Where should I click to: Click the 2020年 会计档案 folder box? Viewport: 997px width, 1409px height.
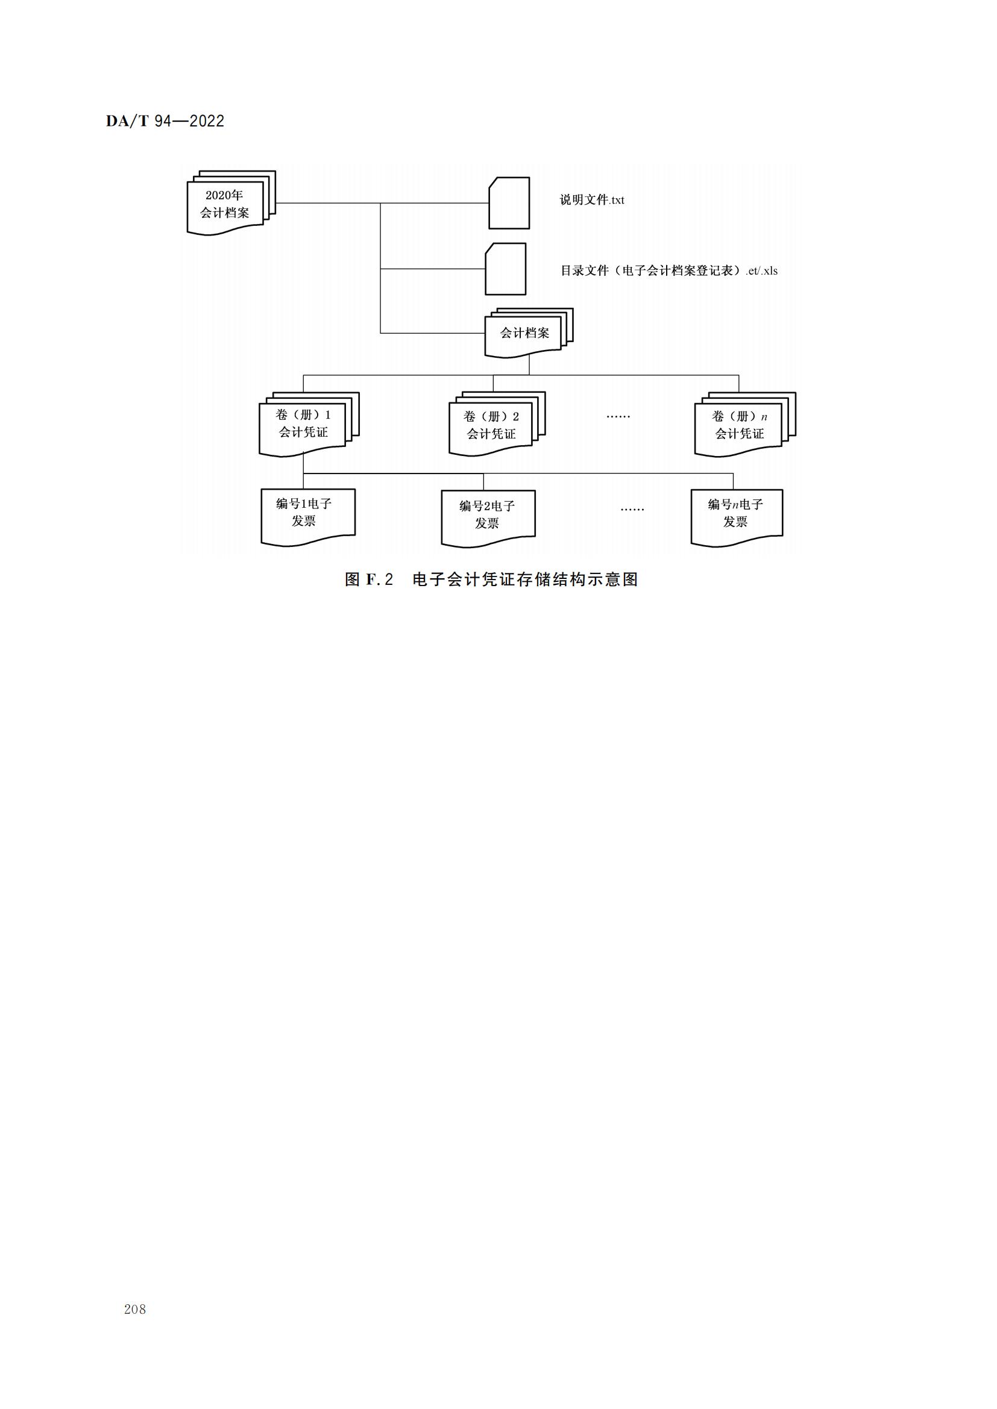pyautogui.click(x=231, y=203)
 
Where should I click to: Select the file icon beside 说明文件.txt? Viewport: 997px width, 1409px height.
pyautogui.click(x=509, y=203)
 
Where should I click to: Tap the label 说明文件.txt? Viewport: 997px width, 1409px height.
pyautogui.click(x=592, y=200)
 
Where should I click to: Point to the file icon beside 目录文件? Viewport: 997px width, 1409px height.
pyautogui.click(x=506, y=269)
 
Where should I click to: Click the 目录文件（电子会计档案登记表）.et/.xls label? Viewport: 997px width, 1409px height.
pyautogui.click(x=668, y=270)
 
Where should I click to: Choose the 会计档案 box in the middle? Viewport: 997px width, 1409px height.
pyautogui.click(x=529, y=333)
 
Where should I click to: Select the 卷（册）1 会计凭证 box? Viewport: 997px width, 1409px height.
pyautogui.click(x=309, y=424)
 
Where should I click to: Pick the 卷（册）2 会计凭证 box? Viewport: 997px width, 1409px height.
pyautogui.click(x=497, y=424)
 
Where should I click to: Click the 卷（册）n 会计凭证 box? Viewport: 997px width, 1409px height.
pyautogui.click(x=744, y=425)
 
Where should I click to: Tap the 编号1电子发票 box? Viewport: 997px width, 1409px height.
pyautogui.click(x=308, y=517)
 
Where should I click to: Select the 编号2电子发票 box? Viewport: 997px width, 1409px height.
pyautogui.click(x=488, y=519)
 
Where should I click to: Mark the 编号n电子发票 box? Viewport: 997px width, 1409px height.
pyautogui.click(x=737, y=517)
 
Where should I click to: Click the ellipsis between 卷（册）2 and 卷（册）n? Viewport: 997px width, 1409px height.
pyautogui.click(x=618, y=417)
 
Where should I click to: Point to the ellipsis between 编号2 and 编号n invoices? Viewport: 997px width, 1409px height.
pyautogui.click(x=632, y=510)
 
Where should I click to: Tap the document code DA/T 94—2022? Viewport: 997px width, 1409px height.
pyautogui.click(x=165, y=121)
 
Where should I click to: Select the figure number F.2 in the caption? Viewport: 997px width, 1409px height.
pyautogui.click(x=379, y=580)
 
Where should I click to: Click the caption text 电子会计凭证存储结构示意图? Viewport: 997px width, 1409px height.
pyautogui.click(x=526, y=580)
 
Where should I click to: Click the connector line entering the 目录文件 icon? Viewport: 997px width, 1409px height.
pyautogui.click(x=433, y=269)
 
